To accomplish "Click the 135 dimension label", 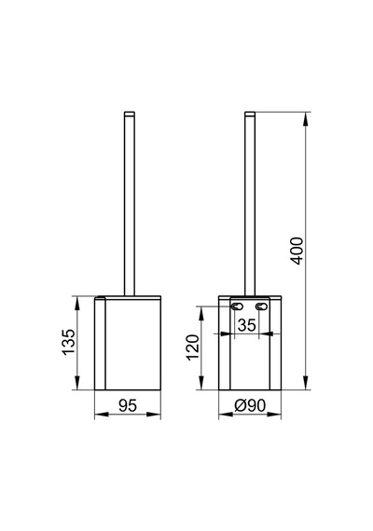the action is [x=69, y=342].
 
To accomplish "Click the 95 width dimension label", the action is [x=128, y=405].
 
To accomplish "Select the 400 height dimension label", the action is [x=297, y=251].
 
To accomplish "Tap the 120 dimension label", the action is [x=193, y=347].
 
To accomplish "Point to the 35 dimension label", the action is [x=246, y=325].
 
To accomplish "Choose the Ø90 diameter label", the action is [x=250, y=405].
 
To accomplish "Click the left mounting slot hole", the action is [x=237, y=306].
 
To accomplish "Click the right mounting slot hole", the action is [x=261, y=306].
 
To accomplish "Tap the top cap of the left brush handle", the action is [x=130, y=114].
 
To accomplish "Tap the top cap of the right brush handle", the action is [x=250, y=114].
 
